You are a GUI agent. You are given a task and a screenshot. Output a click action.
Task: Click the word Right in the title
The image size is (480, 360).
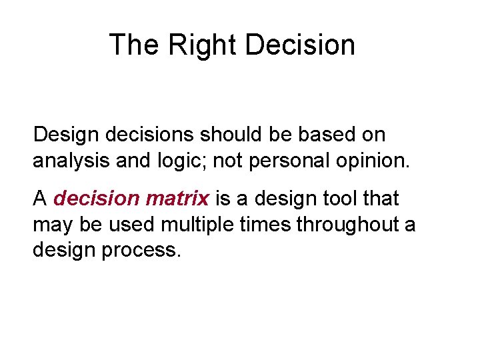pyautogui.click(x=203, y=45)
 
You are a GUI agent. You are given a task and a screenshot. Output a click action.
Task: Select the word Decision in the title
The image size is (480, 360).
pyautogui.click(x=300, y=45)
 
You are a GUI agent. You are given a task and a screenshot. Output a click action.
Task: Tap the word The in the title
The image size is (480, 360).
pyautogui.click(x=133, y=45)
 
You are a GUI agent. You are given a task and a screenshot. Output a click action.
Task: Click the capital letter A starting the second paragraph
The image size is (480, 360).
pyautogui.click(x=39, y=199)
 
